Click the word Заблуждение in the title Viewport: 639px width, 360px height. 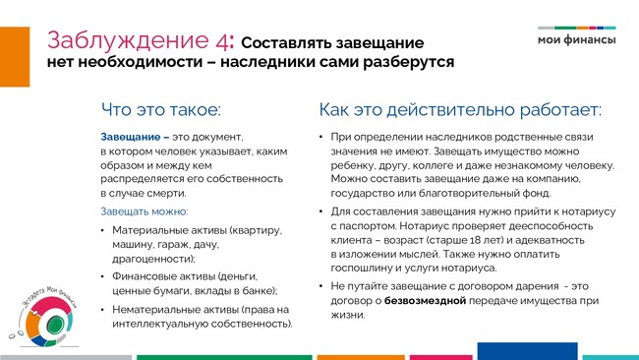tap(129, 40)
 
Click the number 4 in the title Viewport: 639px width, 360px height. tap(222, 40)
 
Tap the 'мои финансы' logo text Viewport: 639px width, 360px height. tap(577, 40)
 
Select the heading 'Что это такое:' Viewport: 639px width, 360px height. tap(161, 109)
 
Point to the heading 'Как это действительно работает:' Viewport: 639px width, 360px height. tap(460, 109)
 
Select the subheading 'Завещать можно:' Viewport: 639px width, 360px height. tap(145, 211)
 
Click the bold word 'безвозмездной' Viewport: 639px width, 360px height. tap(425, 301)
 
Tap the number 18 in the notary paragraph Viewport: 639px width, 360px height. tap(476, 240)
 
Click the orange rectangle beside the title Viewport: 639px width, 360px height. tap(15, 57)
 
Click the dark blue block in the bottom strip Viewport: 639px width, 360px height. tap(527, 351)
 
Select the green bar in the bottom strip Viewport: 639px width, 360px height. tap(224, 358)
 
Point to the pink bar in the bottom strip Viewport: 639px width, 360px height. tap(441, 358)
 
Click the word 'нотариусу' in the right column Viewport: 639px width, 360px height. tap(589, 211)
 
